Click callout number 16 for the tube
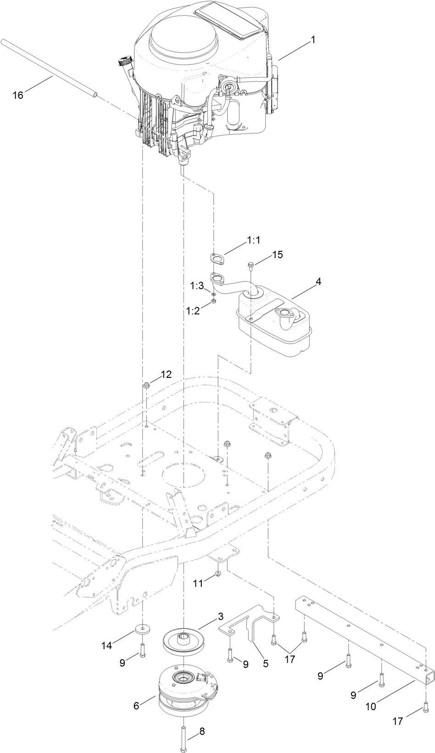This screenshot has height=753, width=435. pos(17,95)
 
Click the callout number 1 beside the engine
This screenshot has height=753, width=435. pos(313,40)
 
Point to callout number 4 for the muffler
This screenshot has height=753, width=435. pos(318,282)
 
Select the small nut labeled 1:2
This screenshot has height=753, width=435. pos(213,301)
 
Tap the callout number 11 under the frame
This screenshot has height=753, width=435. pos(197,583)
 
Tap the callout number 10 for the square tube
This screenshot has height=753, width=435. pos(370,706)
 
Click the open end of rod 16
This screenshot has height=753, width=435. pos(95,95)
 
